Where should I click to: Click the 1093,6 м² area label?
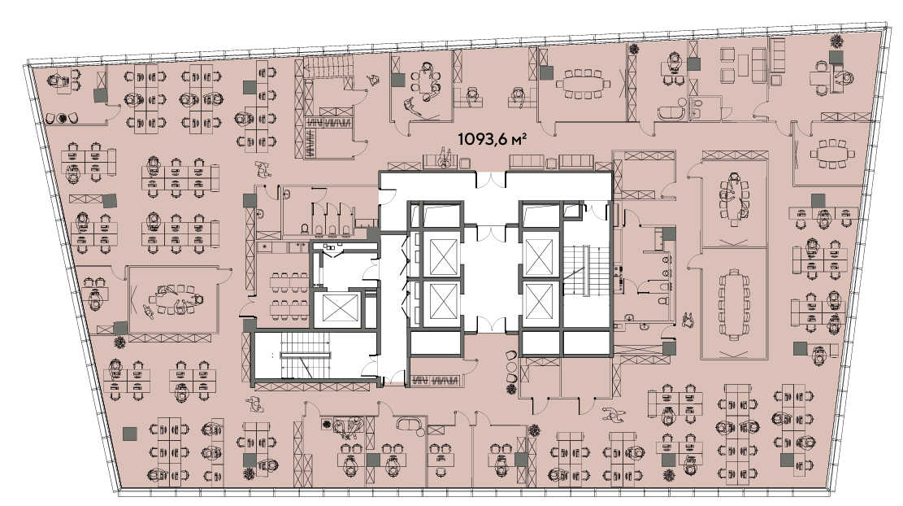click(x=493, y=139)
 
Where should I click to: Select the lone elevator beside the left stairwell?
click(x=341, y=309)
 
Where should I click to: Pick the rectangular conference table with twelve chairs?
click(x=732, y=305)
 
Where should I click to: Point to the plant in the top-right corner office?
click(x=836, y=41)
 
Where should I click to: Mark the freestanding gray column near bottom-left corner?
click(x=129, y=433)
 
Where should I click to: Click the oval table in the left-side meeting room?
click(x=172, y=299)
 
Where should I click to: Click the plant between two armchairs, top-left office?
click(x=62, y=118)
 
